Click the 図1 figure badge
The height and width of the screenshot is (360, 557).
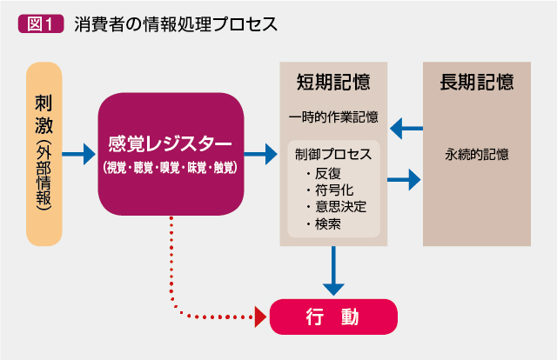(x=41, y=23)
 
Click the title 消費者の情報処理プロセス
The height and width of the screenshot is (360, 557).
(x=176, y=24)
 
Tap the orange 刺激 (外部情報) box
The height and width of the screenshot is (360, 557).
(x=44, y=154)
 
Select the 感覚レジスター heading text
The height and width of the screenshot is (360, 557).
(x=171, y=143)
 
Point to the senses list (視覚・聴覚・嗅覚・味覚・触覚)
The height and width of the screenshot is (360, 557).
(x=171, y=167)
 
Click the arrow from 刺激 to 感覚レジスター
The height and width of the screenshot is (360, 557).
(x=79, y=154)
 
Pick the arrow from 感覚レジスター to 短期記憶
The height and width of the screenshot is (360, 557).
(x=261, y=154)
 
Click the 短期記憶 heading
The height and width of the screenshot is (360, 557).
(x=333, y=82)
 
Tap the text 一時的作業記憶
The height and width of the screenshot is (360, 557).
(x=333, y=117)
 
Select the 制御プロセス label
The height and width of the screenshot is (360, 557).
(x=333, y=154)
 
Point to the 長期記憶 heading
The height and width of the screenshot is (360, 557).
(x=477, y=82)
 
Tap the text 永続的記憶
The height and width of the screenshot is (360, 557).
(x=477, y=155)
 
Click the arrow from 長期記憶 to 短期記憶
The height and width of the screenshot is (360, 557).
(x=406, y=128)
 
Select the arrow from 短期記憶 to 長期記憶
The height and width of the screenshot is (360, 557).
(x=404, y=180)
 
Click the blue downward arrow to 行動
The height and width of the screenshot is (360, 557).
(x=333, y=271)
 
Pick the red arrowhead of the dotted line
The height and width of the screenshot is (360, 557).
(x=260, y=317)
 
